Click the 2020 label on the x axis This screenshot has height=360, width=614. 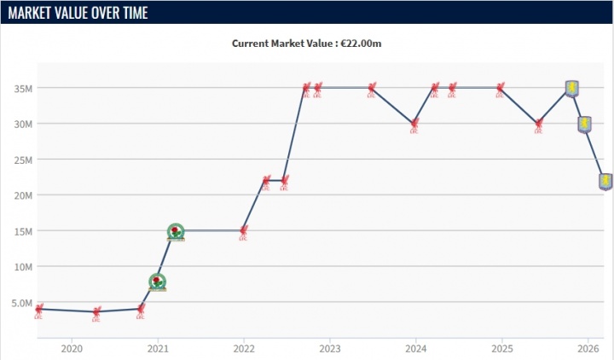[x=72, y=349]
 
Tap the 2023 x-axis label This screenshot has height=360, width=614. [x=330, y=349]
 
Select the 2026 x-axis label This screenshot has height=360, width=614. [x=588, y=349]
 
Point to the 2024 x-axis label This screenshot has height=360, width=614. [x=416, y=349]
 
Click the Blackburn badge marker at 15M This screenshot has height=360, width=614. [x=176, y=231]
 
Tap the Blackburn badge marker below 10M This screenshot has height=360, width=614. [x=157, y=282]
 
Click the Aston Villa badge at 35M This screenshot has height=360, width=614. [x=573, y=88]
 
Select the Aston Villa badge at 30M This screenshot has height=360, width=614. [x=585, y=124]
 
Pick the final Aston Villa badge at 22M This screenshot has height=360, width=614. [x=605, y=181]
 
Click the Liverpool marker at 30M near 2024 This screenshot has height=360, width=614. [x=414, y=125]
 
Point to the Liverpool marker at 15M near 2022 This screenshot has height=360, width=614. [x=244, y=231]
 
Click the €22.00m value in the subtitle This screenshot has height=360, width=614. [x=358, y=43]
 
